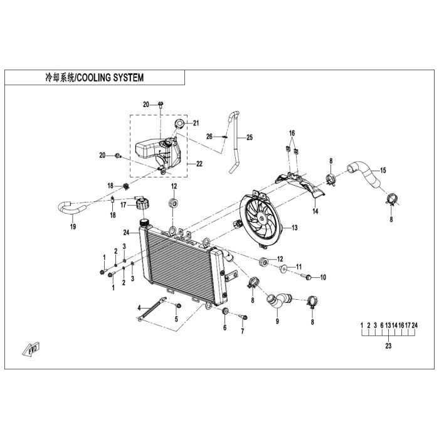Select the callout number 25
[x=249, y=137]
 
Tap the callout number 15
[x=384, y=171]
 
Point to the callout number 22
[x=199, y=164]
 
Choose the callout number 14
[x=315, y=211]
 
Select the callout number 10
[x=324, y=277]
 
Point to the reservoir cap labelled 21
[x=179, y=123]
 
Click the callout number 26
[x=210, y=135]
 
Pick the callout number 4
[x=139, y=307]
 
